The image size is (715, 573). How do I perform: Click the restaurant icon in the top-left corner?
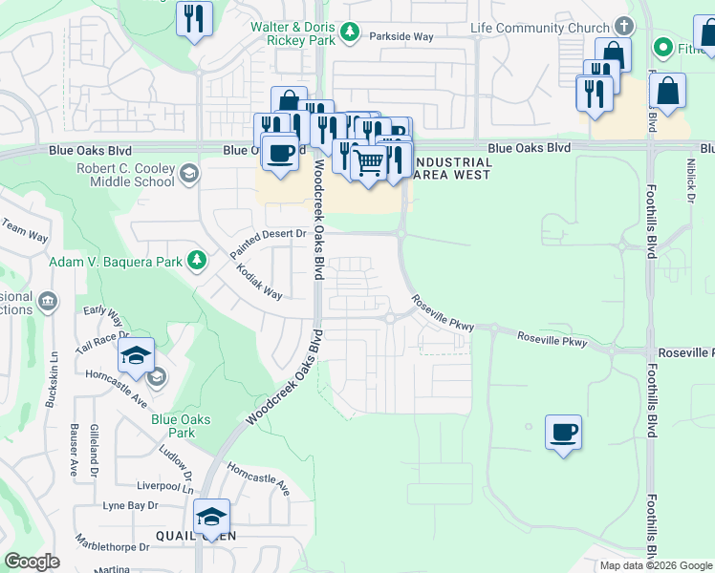coord(195,18)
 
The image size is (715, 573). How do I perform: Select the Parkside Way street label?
coord(402,36)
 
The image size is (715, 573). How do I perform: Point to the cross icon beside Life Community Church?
coord(624,26)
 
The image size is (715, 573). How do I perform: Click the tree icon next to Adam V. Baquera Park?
coord(196,260)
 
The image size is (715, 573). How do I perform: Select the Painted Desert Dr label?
coord(267,243)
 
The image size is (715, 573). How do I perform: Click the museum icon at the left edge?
coord(46,303)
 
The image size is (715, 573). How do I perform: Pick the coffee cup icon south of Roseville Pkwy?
coord(563,432)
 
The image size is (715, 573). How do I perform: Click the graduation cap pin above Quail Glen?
coord(211,517)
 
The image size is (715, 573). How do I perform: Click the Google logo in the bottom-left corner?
coord(32,562)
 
